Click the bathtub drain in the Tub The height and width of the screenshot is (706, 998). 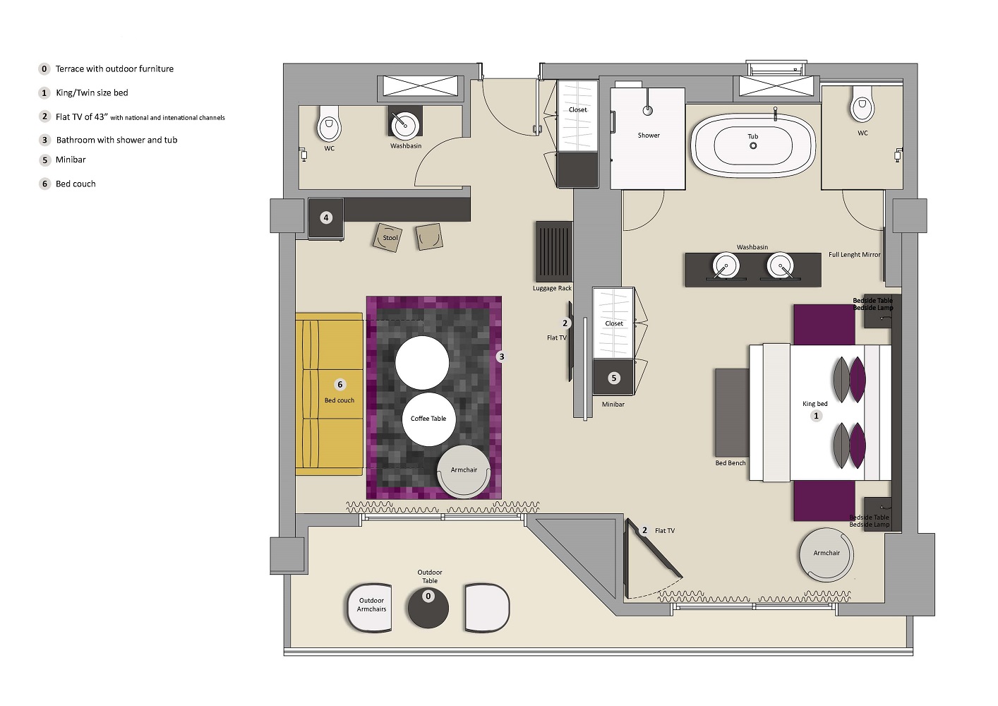click(x=753, y=145)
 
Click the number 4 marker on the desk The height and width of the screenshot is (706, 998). click(x=326, y=217)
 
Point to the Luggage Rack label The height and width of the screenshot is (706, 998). click(x=552, y=288)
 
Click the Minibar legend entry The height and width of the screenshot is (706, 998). click(x=71, y=160)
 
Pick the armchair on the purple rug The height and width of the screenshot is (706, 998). click(x=464, y=471)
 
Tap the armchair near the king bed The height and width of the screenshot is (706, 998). click(x=826, y=555)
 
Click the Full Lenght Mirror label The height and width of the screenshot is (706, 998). click(x=854, y=255)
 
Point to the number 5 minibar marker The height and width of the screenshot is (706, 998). click(x=613, y=378)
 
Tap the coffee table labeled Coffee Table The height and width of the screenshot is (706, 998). click(x=428, y=419)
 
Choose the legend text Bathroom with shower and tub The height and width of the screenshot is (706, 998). click(x=116, y=140)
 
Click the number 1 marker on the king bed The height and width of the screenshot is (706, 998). click(x=816, y=416)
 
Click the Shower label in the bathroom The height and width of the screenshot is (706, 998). click(x=649, y=136)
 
